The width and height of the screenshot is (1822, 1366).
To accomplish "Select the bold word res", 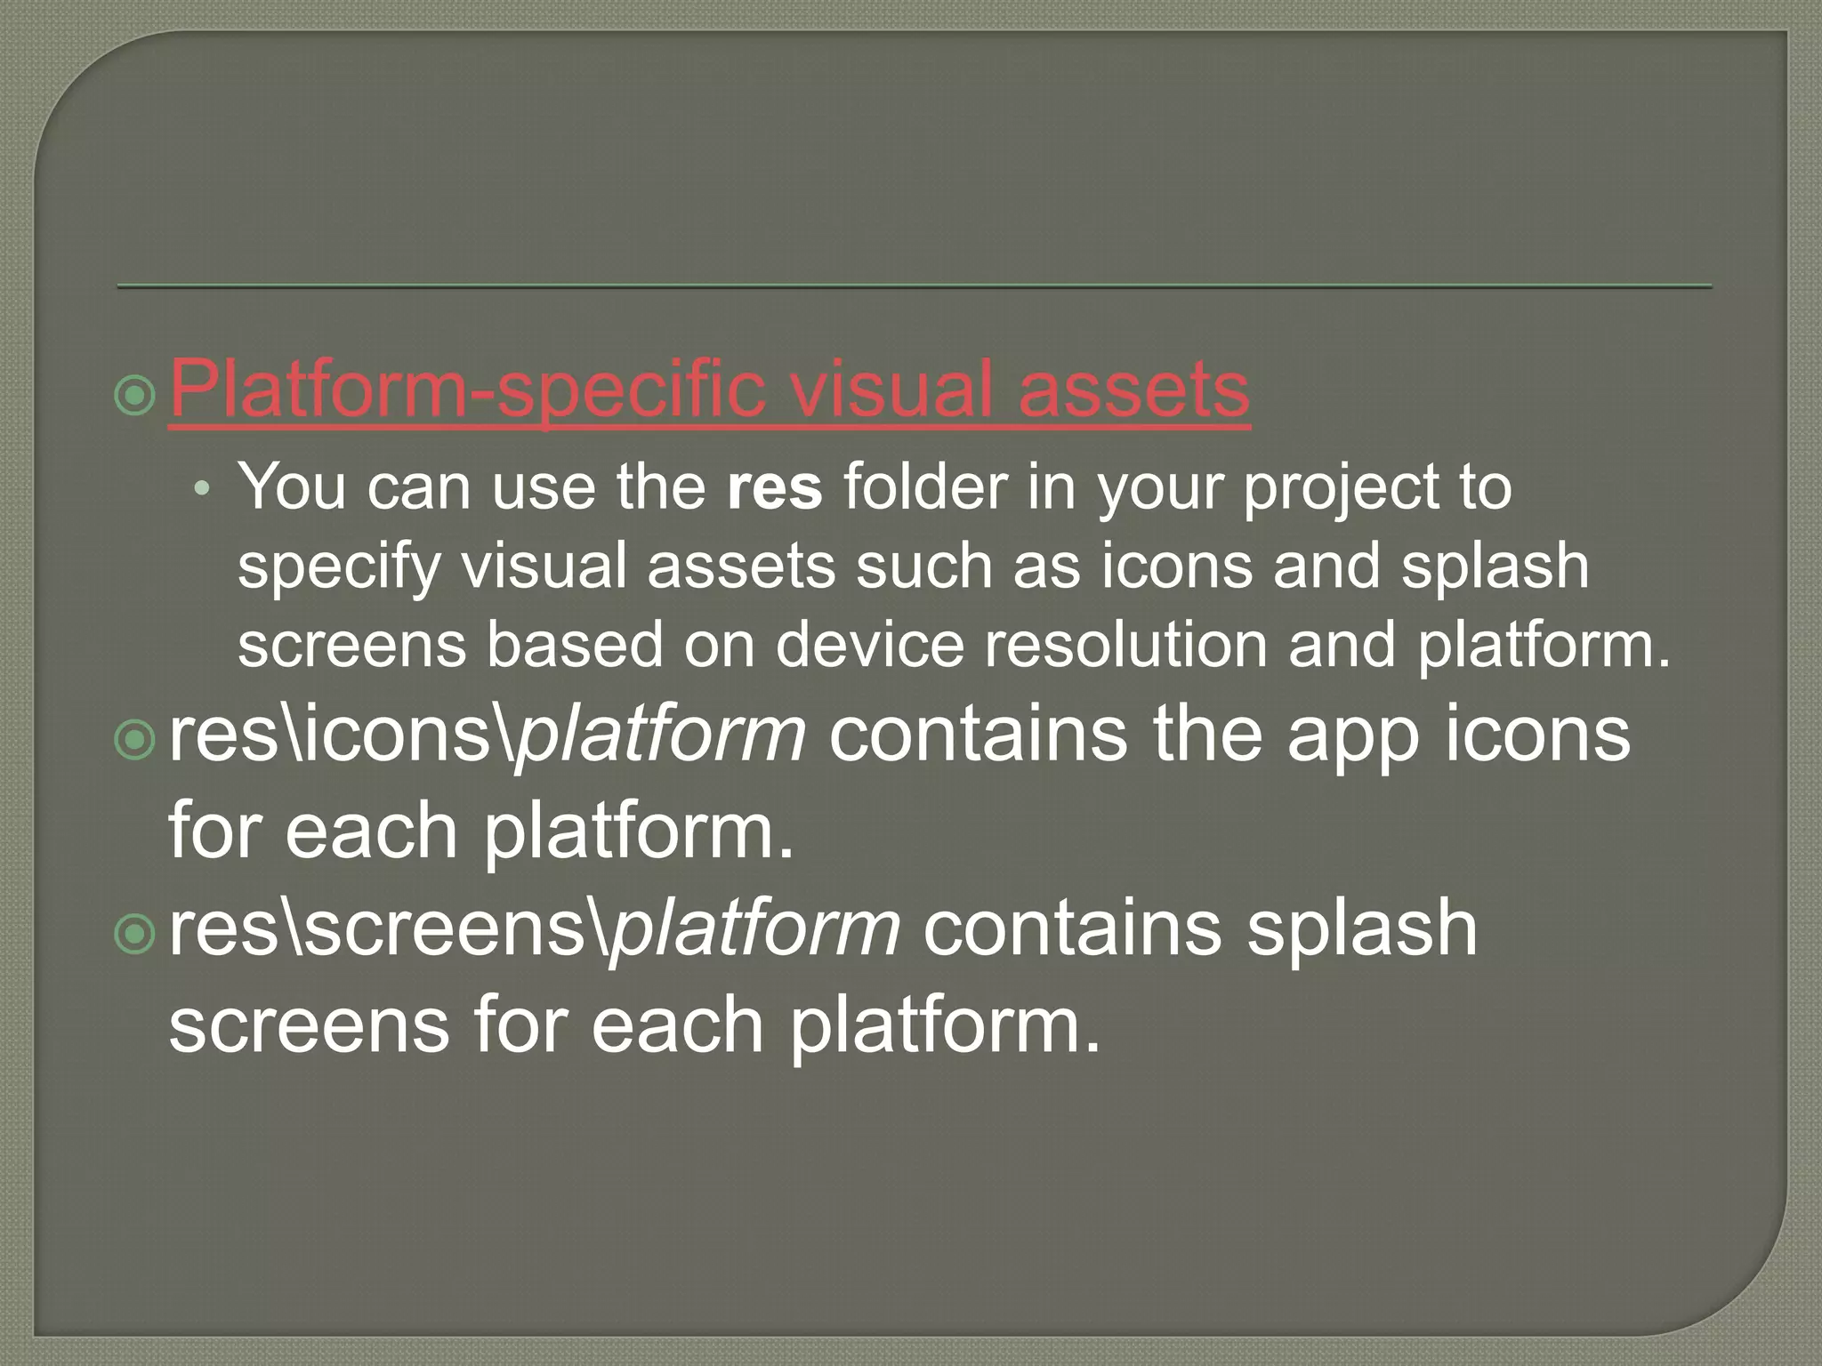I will [x=774, y=488].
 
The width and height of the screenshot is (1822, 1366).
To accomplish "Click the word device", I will [x=869, y=644].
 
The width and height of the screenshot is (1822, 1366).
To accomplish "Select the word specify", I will [x=339, y=567].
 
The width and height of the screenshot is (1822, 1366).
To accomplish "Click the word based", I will [x=575, y=644].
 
